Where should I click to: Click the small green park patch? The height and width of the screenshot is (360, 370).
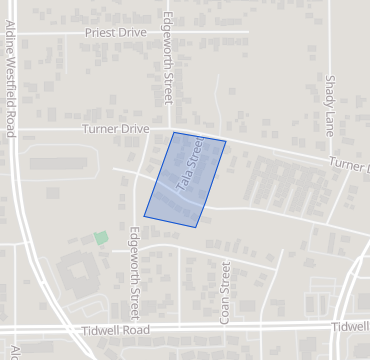click(x=100, y=238)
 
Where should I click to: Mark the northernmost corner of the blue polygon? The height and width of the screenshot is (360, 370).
click(x=173, y=132)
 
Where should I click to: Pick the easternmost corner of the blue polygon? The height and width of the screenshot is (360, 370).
click(x=226, y=142)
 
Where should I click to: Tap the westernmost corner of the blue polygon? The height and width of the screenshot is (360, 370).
click(x=144, y=215)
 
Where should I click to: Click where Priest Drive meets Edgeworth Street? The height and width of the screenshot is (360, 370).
click(x=161, y=32)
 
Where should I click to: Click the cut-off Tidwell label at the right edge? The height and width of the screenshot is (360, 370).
click(x=351, y=327)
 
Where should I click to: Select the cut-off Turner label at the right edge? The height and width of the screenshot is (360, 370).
click(x=350, y=165)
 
